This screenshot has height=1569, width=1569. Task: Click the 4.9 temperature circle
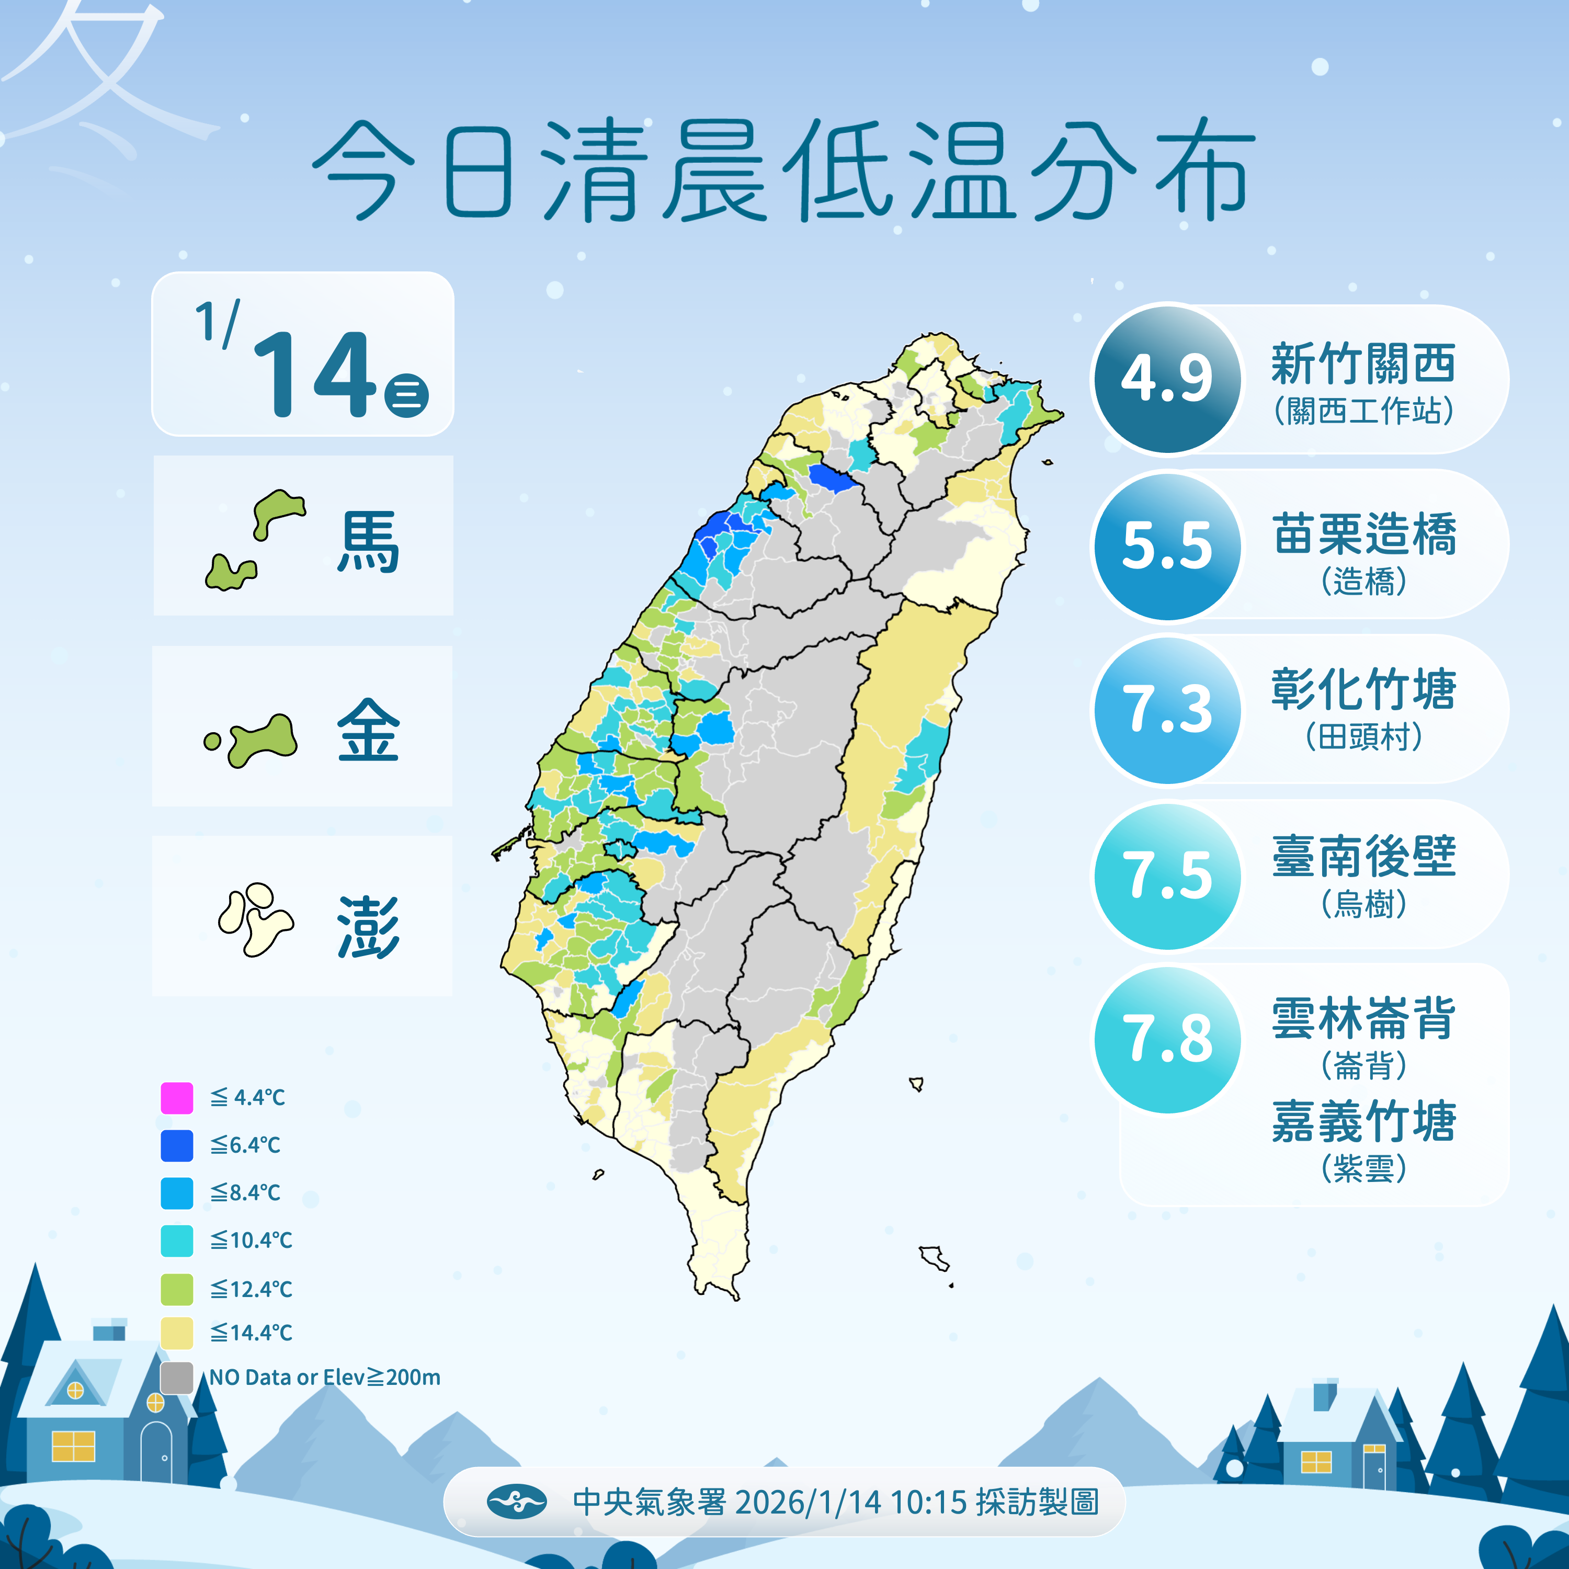pyautogui.click(x=1167, y=379)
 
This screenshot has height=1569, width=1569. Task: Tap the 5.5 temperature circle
pyautogui.click(x=1167, y=545)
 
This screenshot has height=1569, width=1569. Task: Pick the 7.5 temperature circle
pyautogui.click(x=1167, y=876)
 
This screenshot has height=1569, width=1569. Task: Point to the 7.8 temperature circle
pyautogui.click(x=1167, y=1040)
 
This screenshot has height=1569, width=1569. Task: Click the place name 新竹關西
pyautogui.click(x=1363, y=364)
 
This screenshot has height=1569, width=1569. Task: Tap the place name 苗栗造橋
pyautogui.click(x=1363, y=535)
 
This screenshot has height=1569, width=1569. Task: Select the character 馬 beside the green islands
pyautogui.click(x=368, y=542)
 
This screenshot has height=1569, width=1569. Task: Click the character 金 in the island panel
pyautogui.click(x=368, y=731)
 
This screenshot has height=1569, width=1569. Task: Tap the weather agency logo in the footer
pyautogui.click(x=517, y=1502)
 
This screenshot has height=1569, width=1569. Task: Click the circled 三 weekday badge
pyautogui.click(x=406, y=395)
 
